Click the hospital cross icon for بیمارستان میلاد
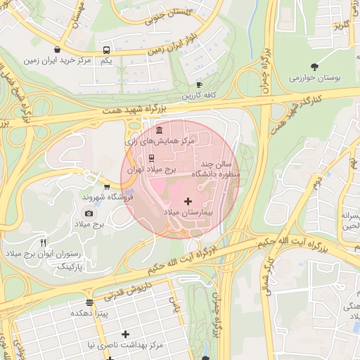188,202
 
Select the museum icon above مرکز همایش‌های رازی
159,131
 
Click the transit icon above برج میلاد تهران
152,158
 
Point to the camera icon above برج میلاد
89,213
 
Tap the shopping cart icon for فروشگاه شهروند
106,187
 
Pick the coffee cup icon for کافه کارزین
199,84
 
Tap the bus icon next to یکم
106,51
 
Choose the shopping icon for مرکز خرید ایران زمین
56,50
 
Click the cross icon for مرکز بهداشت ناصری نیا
125,334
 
